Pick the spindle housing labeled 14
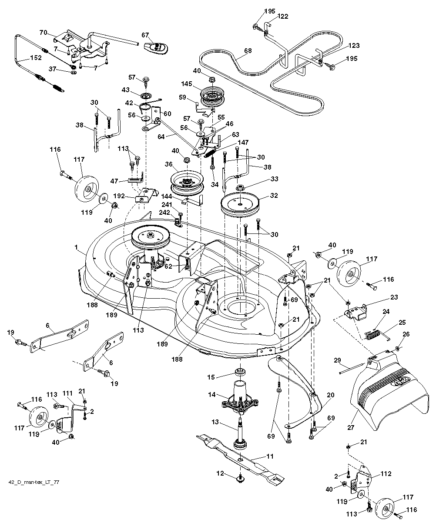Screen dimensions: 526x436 (x=239, y=398)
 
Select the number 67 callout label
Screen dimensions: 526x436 (x=145, y=35)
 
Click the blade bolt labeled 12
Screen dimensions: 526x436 (x=239, y=478)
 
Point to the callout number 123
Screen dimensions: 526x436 (x=354, y=45)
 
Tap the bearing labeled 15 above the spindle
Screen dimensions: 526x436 (x=239, y=372)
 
